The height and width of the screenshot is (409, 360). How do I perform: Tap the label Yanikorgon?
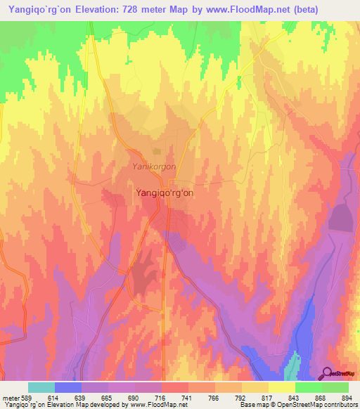click(154, 167)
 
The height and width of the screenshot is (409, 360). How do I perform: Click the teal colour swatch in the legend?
click(41, 387)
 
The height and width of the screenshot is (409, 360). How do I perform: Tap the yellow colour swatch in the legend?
click(282, 387)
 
